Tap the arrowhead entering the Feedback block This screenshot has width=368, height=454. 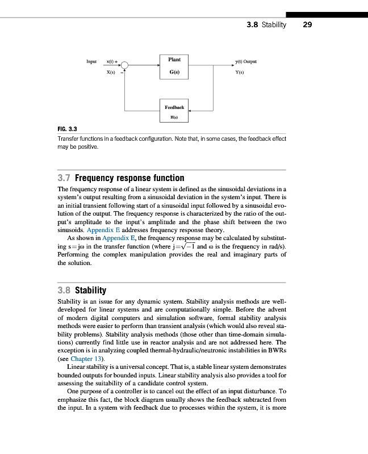191,111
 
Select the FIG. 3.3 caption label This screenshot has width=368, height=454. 68,129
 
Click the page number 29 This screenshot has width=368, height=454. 308,24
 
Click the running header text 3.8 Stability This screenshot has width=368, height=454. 267,24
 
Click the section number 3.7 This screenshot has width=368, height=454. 65,178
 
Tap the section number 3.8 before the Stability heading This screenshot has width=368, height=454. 65,289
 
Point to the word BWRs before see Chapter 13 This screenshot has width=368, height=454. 276,351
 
